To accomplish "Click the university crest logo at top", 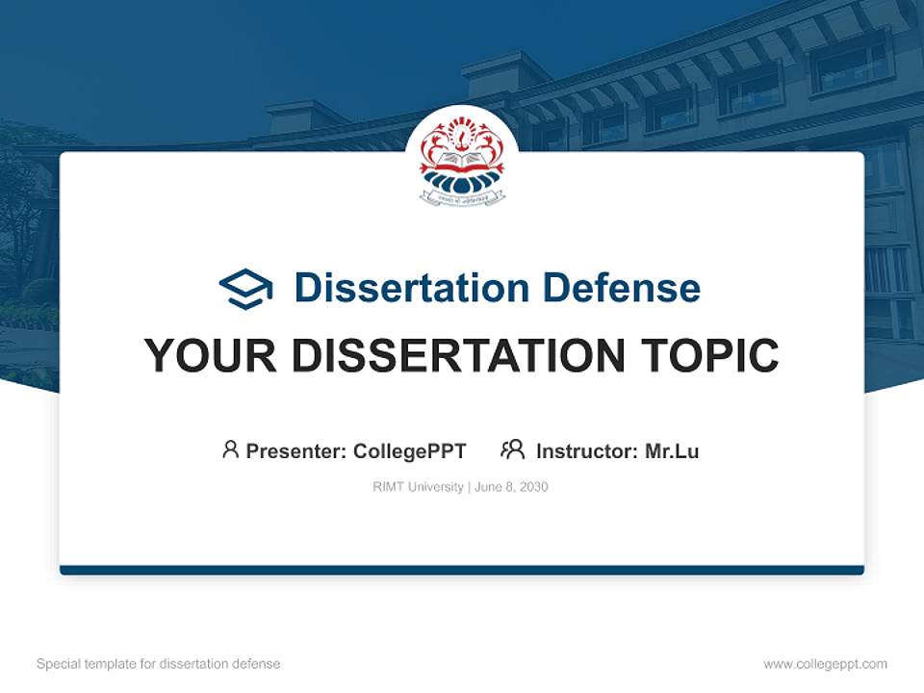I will click(x=462, y=159).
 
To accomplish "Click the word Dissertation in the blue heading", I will click(x=411, y=288).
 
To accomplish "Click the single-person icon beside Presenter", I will click(x=230, y=449).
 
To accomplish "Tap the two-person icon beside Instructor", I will click(x=512, y=449).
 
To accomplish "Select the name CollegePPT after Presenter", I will click(x=410, y=451).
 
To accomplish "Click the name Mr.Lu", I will click(x=672, y=451).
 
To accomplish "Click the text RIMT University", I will click(x=418, y=487).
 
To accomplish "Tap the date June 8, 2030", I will click(x=511, y=487).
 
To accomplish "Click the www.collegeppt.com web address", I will click(x=825, y=664).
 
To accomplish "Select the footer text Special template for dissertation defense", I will click(x=159, y=664).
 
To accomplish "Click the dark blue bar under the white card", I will click(x=462, y=570).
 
